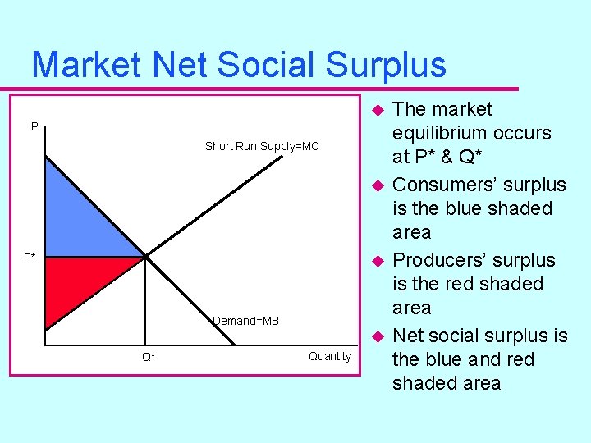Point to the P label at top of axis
[x=34, y=126]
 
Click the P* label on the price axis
[x=30, y=258]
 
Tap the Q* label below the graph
[x=149, y=357]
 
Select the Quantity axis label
[x=329, y=356]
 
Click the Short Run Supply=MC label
[x=261, y=146]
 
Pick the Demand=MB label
[x=245, y=321]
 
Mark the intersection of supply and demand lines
[x=145, y=257]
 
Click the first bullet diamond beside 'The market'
[x=377, y=110]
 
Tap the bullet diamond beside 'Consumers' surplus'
[x=377, y=185]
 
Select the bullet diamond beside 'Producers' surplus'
[x=377, y=261]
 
